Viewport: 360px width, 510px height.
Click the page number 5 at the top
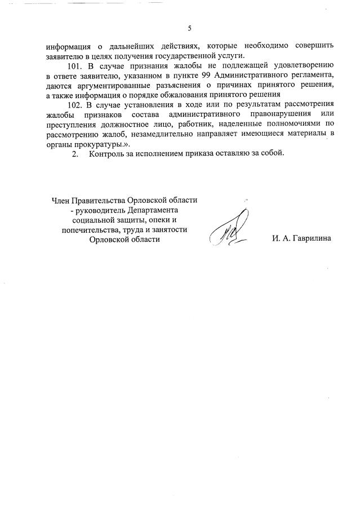(x=190, y=28)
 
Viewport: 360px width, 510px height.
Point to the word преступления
(x=70, y=124)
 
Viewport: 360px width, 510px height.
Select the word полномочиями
(x=297, y=124)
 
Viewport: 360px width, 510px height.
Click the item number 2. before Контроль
(x=75, y=154)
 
